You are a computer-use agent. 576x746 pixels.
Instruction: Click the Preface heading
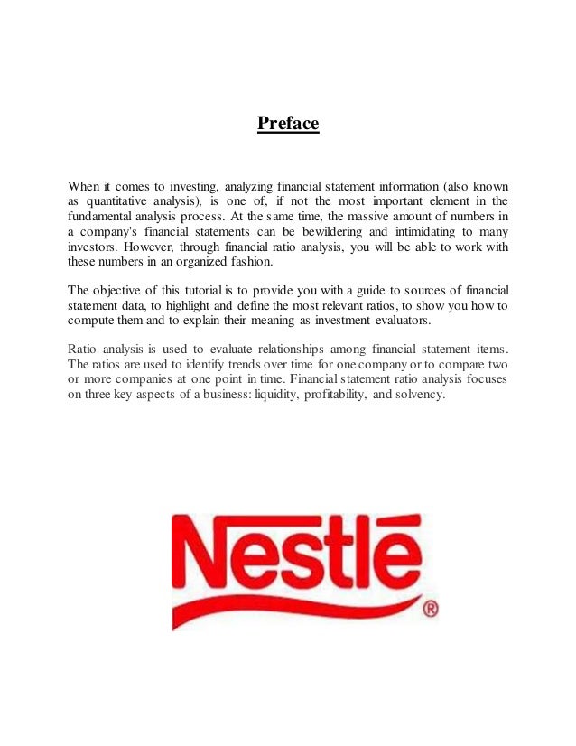tap(288, 123)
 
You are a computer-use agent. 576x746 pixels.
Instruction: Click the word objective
tap(123, 290)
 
